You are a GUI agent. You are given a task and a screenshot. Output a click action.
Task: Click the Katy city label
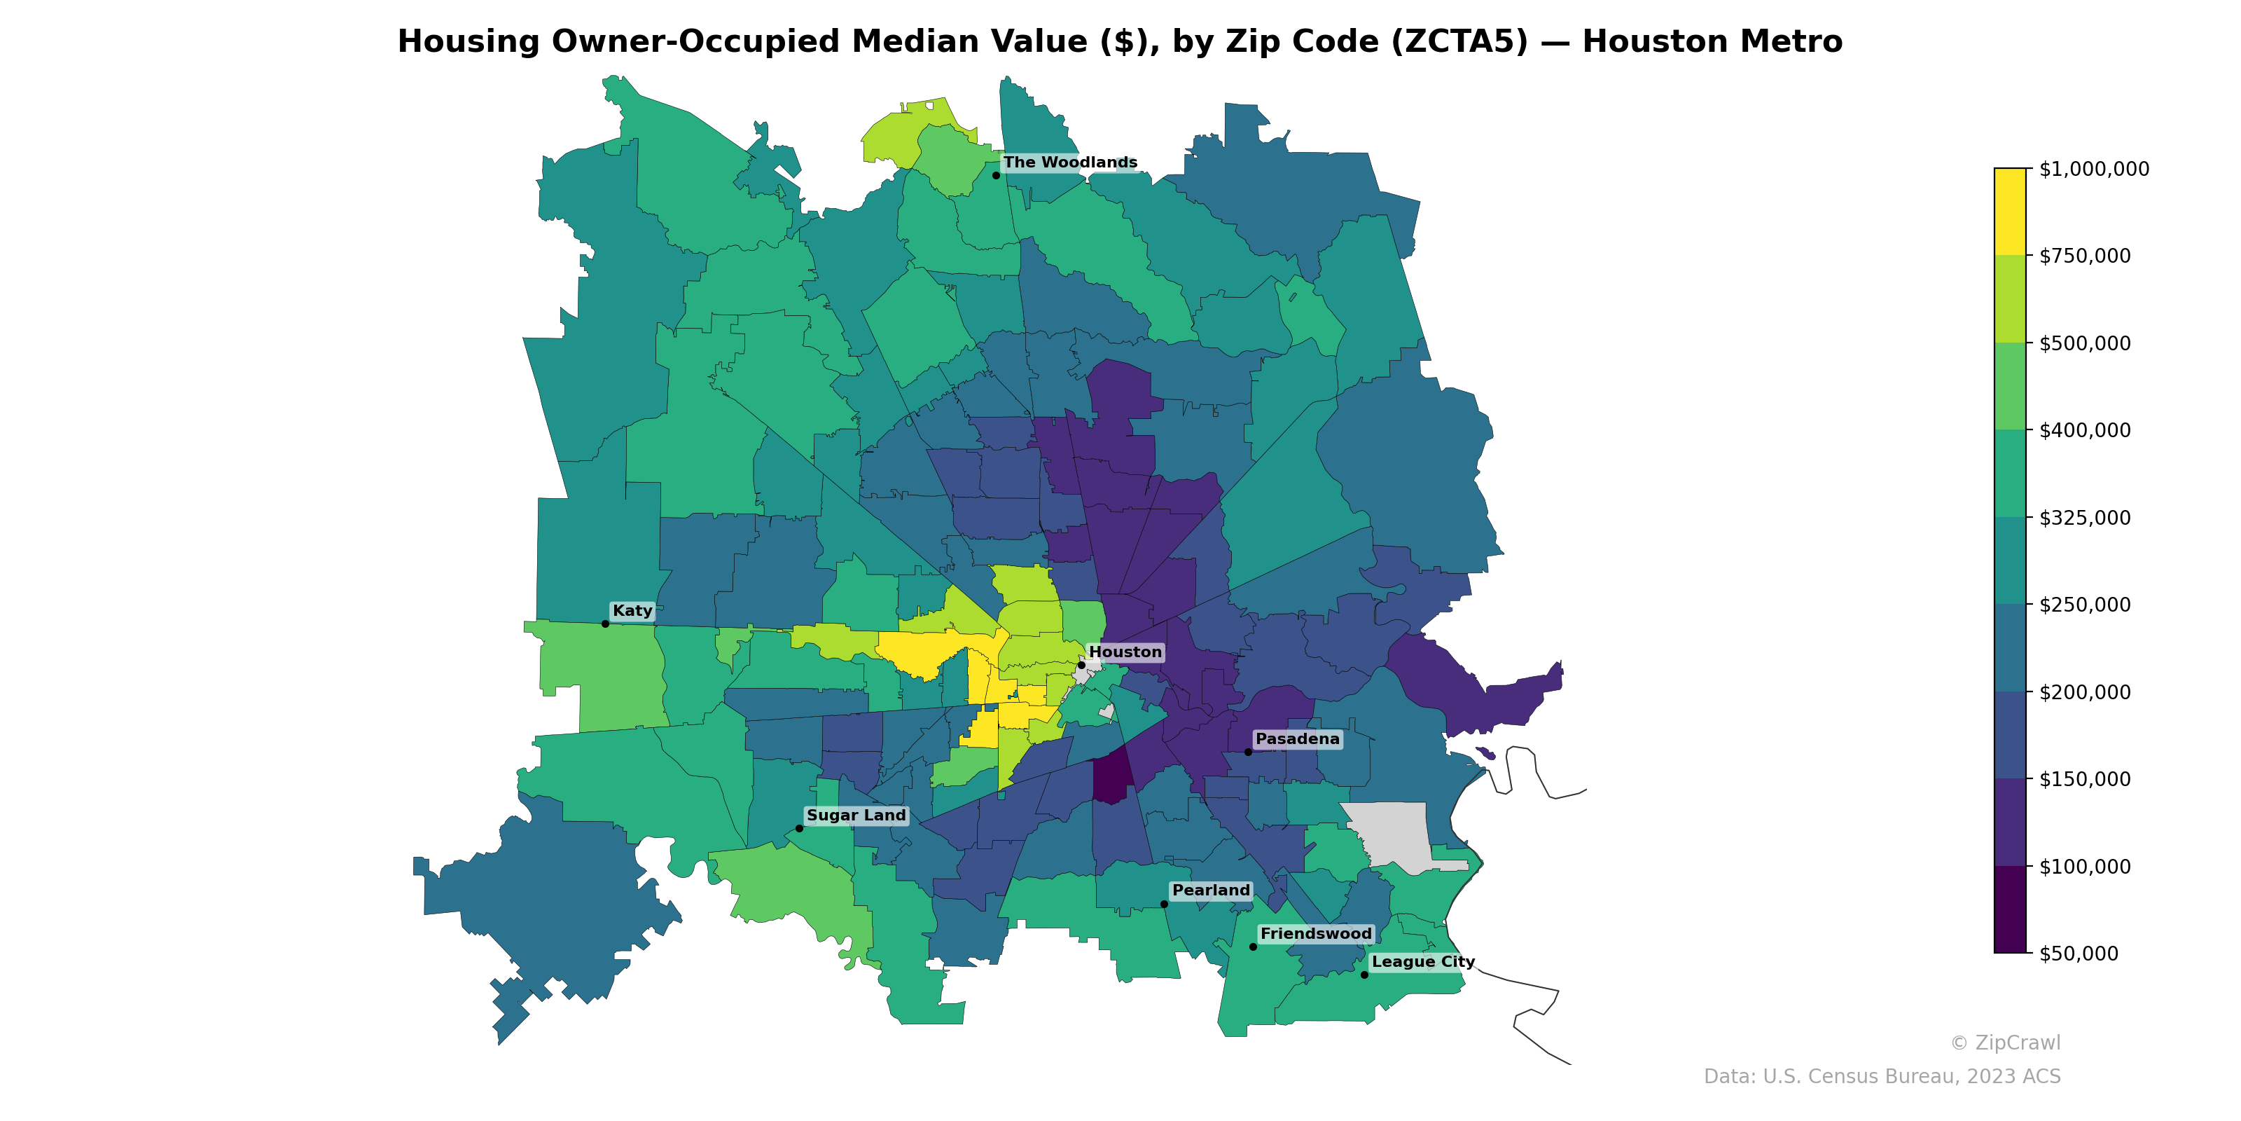pyautogui.click(x=632, y=611)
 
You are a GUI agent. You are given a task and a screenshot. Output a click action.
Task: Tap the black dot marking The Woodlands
pyautogui.click(x=996, y=175)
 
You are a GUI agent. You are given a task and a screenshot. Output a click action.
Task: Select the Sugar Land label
pyautogui.click(x=855, y=816)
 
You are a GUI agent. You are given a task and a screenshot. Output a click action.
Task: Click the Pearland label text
pyautogui.click(x=1210, y=890)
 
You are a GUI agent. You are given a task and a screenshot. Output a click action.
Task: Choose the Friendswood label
pyautogui.click(x=1315, y=934)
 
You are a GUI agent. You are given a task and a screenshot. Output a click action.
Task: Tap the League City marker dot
pyautogui.click(x=1364, y=975)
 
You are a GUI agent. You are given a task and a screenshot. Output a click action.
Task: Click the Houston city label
pyautogui.click(x=1125, y=652)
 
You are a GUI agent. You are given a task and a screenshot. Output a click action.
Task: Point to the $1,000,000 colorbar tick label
pyautogui.click(x=2093, y=169)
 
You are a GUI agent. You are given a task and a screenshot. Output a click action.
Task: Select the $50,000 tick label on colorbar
pyautogui.click(x=2079, y=954)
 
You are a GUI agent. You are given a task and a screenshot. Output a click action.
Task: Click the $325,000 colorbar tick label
pyautogui.click(x=2084, y=518)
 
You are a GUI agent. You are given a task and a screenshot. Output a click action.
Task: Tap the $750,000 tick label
pyautogui.click(x=2084, y=256)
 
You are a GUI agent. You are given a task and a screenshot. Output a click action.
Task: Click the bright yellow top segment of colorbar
pyautogui.click(x=2010, y=211)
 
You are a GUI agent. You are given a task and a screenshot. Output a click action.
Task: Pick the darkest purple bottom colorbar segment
pyautogui.click(x=2010, y=909)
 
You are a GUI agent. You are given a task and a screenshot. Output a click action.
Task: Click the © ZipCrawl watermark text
pyautogui.click(x=2004, y=1043)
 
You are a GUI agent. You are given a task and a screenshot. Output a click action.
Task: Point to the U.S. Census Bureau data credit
pyautogui.click(x=1881, y=1077)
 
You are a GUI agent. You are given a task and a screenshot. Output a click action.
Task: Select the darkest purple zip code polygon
pyautogui.click(x=1112, y=777)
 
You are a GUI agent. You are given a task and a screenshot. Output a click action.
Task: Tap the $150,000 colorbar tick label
pyautogui.click(x=2084, y=779)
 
